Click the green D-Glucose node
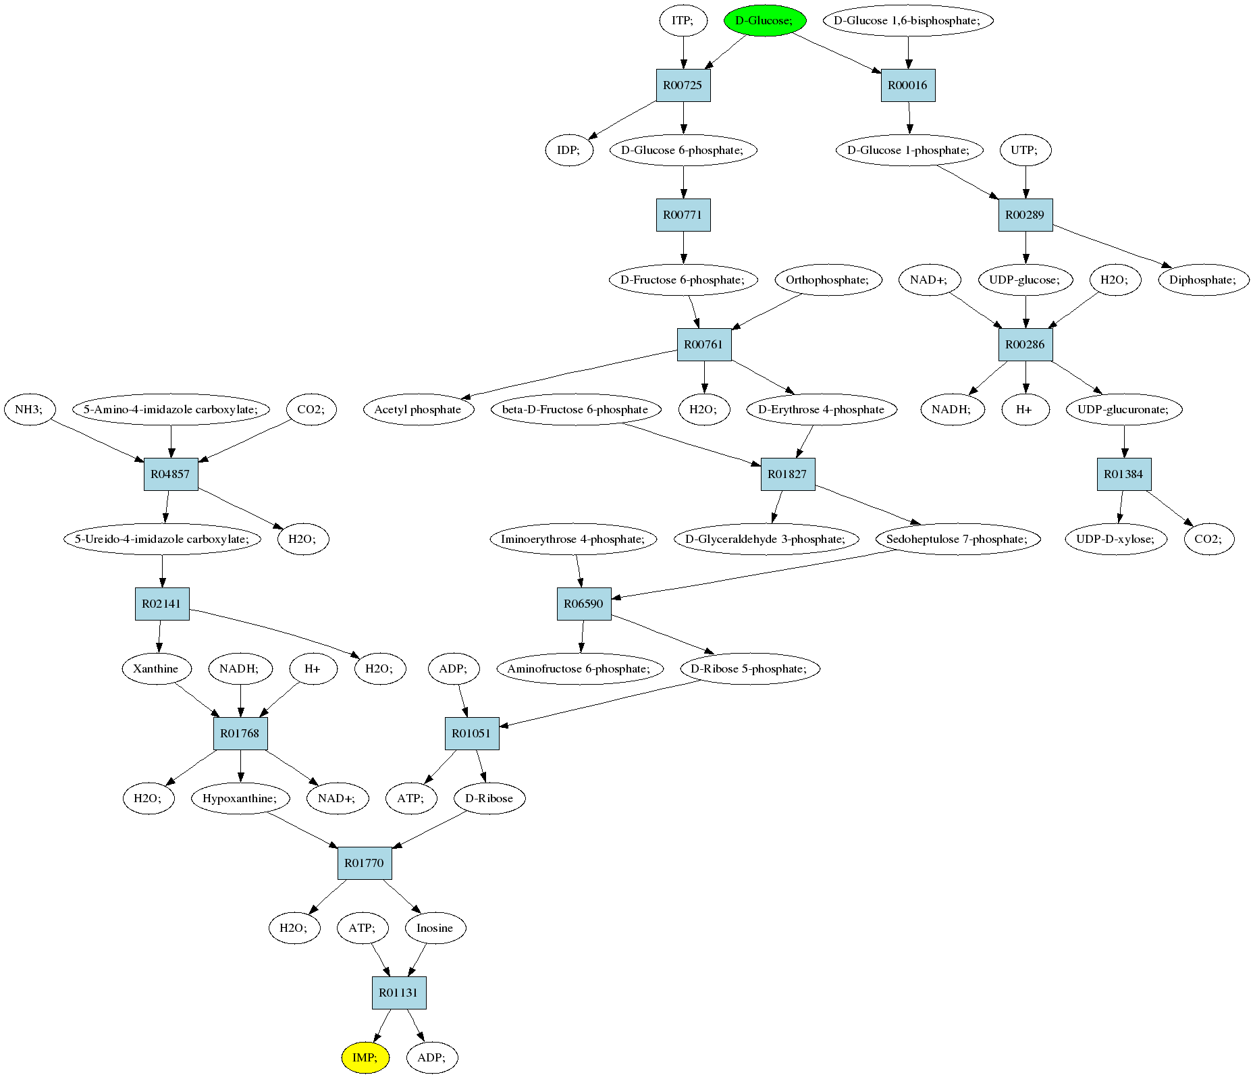click(764, 20)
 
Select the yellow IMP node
click(365, 1057)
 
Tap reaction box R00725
click(683, 85)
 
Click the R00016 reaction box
click(908, 85)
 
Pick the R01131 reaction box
click(399, 993)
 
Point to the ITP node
click(683, 20)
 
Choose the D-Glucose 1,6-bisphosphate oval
click(908, 20)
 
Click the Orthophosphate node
click(828, 280)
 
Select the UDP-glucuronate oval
click(1125, 409)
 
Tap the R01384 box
click(1124, 474)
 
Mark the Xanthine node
click(156, 668)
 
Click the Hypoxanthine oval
click(240, 798)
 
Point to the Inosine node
click(435, 928)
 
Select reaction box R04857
click(171, 474)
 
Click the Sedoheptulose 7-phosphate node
click(957, 539)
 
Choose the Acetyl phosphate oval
click(418, 409)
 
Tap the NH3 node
click(29, 409)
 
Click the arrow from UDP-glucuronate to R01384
click(1124, 442)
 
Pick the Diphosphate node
click(1204, 280)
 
